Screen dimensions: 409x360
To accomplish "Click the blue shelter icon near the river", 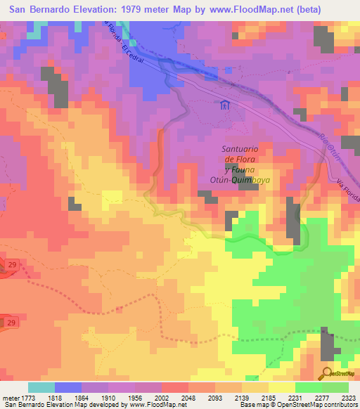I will point(224,105).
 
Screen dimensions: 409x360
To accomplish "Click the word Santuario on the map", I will point(241,149).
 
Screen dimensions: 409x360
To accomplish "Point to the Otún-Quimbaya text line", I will point(245,179).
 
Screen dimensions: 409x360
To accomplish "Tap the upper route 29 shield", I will point(11,264).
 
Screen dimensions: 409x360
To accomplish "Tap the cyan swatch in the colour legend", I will point(41,387).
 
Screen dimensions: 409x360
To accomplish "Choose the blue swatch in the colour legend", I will point(68,387).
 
